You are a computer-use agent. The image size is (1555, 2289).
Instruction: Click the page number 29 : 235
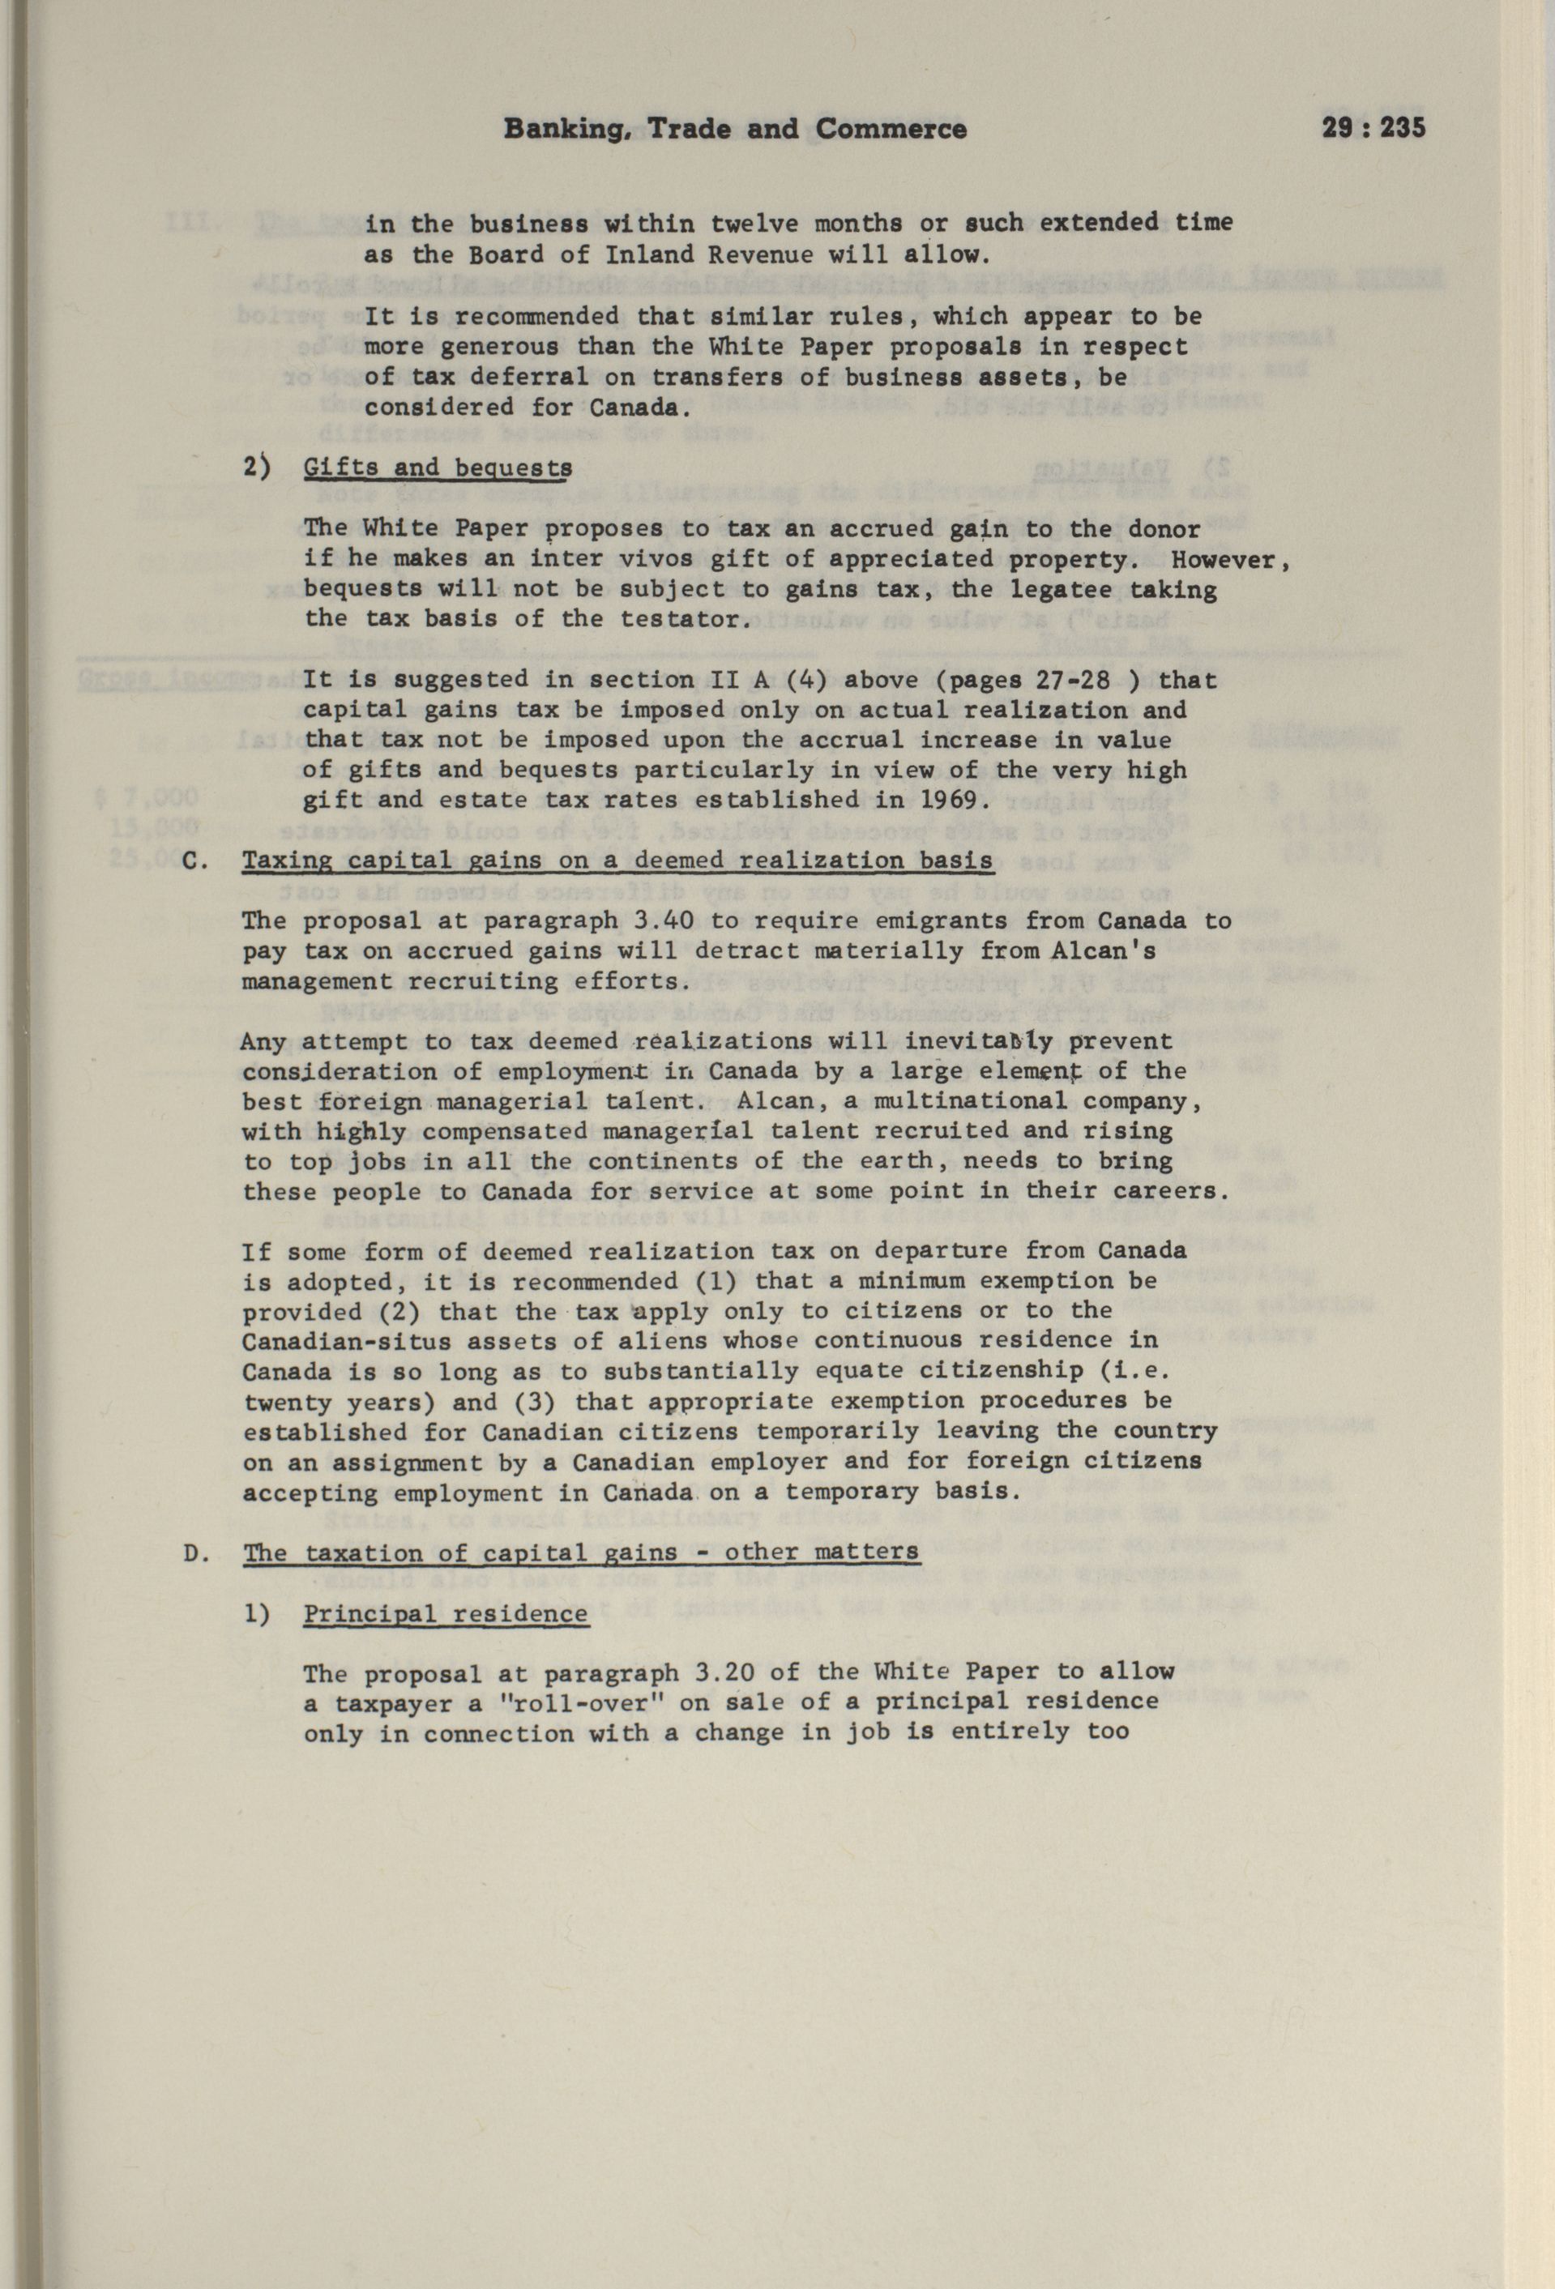pyautogui.click(x=1373, y=128)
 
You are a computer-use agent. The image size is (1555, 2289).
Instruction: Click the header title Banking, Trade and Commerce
pyautogui.click(x=735, y=129)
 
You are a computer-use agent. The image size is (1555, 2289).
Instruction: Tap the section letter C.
pyautogui.click(x=194, y=860)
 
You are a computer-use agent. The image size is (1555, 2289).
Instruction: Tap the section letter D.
pyautogui.click(x=194, y=1553)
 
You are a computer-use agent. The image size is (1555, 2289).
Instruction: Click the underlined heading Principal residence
pyautogui.click(x=445, y=1613)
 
